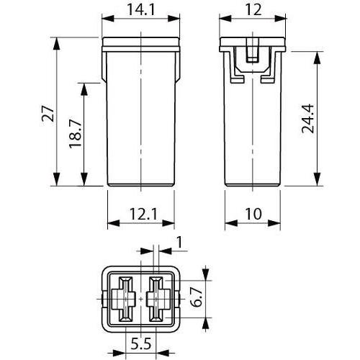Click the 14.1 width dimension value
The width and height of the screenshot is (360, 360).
[141, 10]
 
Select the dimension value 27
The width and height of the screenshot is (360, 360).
[48, 114]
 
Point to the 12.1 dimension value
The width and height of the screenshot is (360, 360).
[143, 214]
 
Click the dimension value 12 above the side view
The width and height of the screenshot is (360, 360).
[253, 10]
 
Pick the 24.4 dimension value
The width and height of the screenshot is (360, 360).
[308, 119]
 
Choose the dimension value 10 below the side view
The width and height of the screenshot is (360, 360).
[253, 214]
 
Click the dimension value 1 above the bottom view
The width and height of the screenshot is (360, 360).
[179, 242]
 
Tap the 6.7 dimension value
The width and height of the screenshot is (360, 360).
[196, 298]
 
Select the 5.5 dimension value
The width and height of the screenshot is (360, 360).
[141, 344]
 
